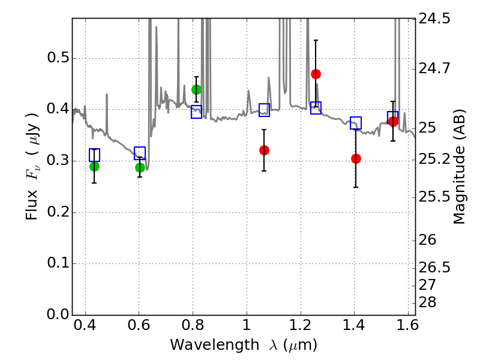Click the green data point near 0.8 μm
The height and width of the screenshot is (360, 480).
pyautogui.click(x=196, y=90)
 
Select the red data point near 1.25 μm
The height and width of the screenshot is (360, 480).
pyautogui.click(x=316, y=74)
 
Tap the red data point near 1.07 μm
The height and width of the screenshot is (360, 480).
pyautogui.click(x=264, y=150)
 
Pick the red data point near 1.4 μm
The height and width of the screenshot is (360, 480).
pyautogui.click(x=356, y=158)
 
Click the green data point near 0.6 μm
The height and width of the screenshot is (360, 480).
pyautogui.click(x=140, y=167)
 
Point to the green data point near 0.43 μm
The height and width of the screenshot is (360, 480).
pyautogui.click(x=94, y=166)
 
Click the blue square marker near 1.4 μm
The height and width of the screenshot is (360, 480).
pyautogui.click(x=356, y=123)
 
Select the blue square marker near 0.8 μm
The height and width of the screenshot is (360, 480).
pyautogui.click(x=196, y=112)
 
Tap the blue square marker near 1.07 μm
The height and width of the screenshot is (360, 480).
pyautogui.click(x=264, y=110)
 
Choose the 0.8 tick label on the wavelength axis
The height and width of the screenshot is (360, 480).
pyautogui.click(x=193, y=328)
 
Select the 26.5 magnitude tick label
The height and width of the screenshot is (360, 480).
pyautogui.click(x=434, y=267)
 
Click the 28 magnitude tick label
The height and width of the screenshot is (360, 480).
pyautogui.click(x=428, y=301)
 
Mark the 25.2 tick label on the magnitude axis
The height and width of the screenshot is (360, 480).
pyautogui.click(x=434, y=160)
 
